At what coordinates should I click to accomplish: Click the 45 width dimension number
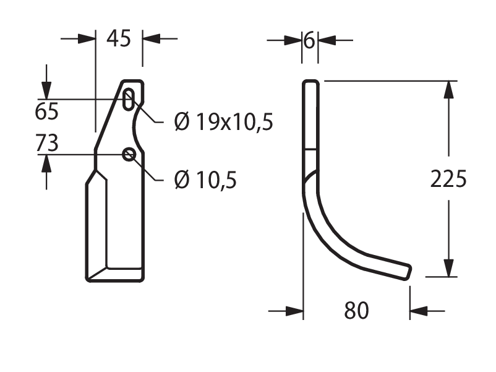pos(119,38)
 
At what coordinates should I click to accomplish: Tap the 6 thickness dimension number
pos(309,40)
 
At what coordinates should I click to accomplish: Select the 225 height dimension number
pos(448,179)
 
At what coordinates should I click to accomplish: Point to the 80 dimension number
pos(356,311)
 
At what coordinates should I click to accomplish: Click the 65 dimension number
pos(46,111)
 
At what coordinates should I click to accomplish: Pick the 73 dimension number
pos(47,143)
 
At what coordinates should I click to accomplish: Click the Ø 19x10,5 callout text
pos(223,122)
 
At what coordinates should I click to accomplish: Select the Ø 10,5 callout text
pos(205,180)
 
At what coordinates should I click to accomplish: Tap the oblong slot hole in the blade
pos(128,100)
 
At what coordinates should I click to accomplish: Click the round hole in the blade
pos(129,155)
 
